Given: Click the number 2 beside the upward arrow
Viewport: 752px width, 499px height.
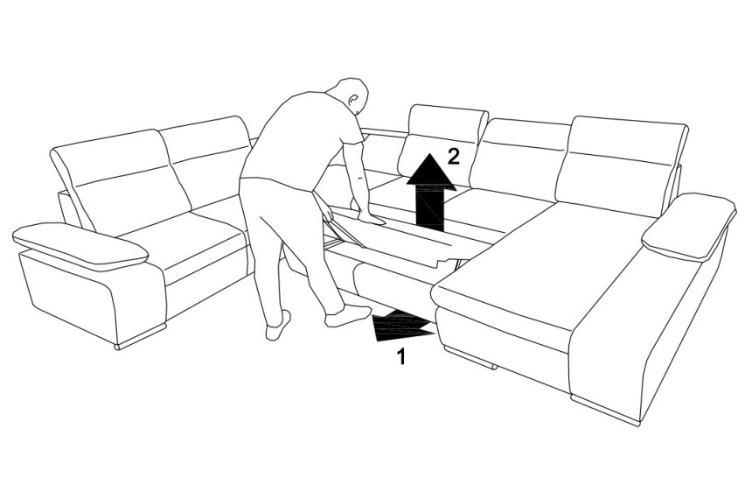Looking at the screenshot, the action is coord(453,157).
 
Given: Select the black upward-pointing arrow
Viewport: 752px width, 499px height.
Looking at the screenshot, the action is coord(431,193).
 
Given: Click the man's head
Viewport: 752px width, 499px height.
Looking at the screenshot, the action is coord(352,95).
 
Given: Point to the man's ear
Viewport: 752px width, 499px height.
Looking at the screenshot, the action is coord(353,101).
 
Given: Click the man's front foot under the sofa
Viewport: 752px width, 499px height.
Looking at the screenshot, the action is coord(347,315).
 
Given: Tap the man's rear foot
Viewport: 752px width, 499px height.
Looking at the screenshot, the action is coord(278,327).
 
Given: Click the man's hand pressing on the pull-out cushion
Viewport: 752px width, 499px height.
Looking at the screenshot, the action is coord(372,219).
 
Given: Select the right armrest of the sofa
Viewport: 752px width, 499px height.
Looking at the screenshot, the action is coord(689,223).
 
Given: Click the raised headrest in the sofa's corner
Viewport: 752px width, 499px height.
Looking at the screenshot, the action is coord(442,139).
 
